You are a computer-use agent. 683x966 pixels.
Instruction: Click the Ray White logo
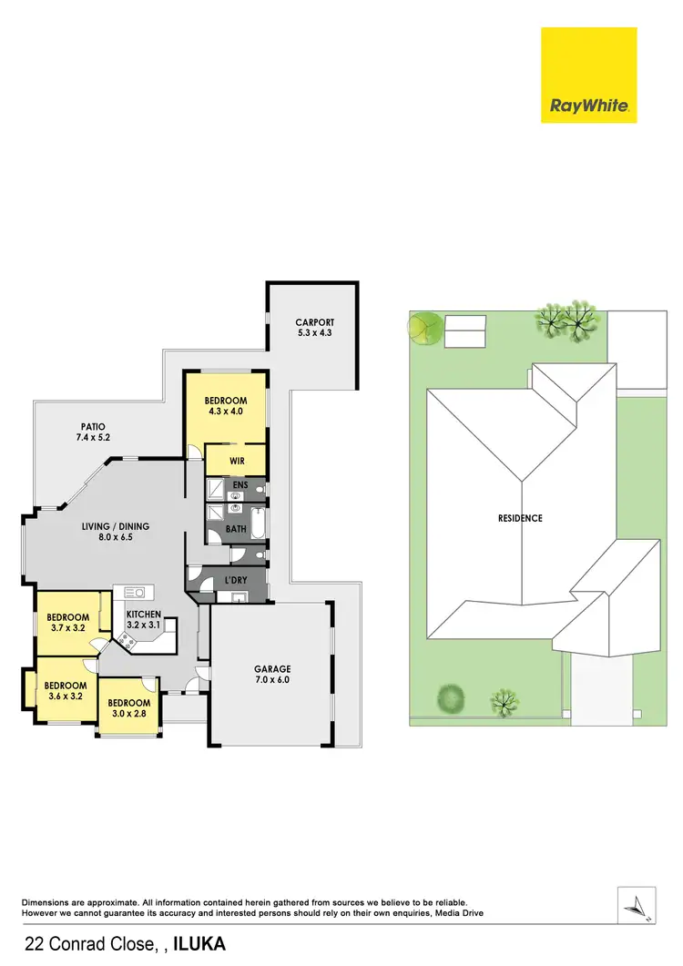589,75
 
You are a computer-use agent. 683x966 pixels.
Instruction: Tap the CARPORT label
315,322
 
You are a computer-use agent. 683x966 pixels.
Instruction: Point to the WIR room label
237,462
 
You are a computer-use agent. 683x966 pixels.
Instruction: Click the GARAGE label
271,669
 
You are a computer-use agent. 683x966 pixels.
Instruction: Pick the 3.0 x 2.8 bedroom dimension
127,714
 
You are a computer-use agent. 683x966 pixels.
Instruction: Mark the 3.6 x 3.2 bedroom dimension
65,697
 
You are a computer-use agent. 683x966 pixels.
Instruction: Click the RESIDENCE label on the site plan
520,518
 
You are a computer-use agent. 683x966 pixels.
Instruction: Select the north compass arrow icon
637,905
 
